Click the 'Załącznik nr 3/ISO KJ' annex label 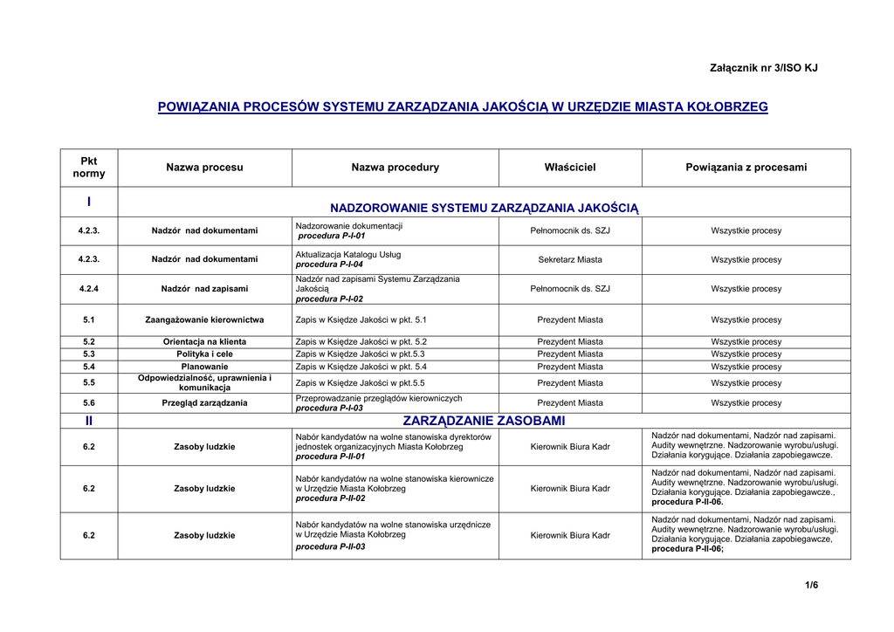click(764, 68)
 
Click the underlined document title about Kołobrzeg click(463, 107)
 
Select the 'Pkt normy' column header click(89, 167)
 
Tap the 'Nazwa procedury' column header click(395, 167)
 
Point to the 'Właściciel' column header click(570, 167)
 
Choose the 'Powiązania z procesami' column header click(746, 167)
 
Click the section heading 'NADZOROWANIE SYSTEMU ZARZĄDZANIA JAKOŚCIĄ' click(485, 208)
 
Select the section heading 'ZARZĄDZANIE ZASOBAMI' click(484, 421)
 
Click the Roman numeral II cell click(89, 421)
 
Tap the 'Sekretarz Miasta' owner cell click(570, 259)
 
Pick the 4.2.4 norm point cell click(89, 288)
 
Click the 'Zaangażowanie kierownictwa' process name click(204, 319)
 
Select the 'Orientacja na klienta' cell click(204, 341)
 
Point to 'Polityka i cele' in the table click(204, 354)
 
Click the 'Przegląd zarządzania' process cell click(204, 403)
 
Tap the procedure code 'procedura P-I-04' click(329, 264)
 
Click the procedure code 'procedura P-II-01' click(330, 457)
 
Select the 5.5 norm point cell click(89, 382)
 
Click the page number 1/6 click(812, 585)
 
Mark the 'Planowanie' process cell click(204, 367)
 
